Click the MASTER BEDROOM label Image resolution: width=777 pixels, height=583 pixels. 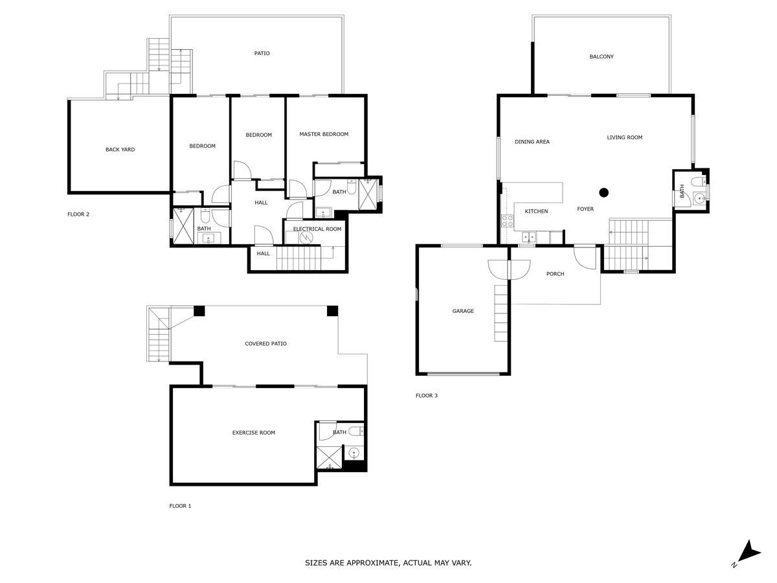click(x=324, y=134)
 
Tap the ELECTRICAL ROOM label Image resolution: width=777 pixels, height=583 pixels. click(x=317, y=229)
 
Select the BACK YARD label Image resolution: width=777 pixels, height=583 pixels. click(x=120, y=150)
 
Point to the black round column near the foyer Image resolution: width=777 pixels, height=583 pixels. click(x=603, y=192)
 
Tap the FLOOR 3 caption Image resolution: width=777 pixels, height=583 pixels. click(x=427, y=395)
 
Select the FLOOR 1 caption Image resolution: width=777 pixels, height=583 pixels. click(x=180, y=506)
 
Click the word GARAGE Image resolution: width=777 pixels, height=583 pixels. click(x=463, y=311)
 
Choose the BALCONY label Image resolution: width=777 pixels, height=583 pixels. click(x=602, y=56)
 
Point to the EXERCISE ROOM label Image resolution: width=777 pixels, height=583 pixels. click(x=253, y=433)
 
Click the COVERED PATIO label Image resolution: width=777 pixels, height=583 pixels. click(x=265, y=343)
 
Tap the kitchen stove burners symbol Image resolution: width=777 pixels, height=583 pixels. click(x=507, y=220)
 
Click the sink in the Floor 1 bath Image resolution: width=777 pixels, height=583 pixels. click(x=354, y=452)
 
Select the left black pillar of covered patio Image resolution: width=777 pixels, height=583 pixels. click(x=199, y=311)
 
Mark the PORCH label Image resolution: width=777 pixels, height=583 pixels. click(x=555, y=273)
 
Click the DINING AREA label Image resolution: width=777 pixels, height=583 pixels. click(x=532, y=142)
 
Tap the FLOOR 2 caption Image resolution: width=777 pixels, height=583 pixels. click(x=78, y=214)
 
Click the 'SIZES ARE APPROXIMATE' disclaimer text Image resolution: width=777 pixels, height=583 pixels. click(x=388, y=562)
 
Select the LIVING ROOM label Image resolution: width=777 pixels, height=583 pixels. click(x=624, y=137)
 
